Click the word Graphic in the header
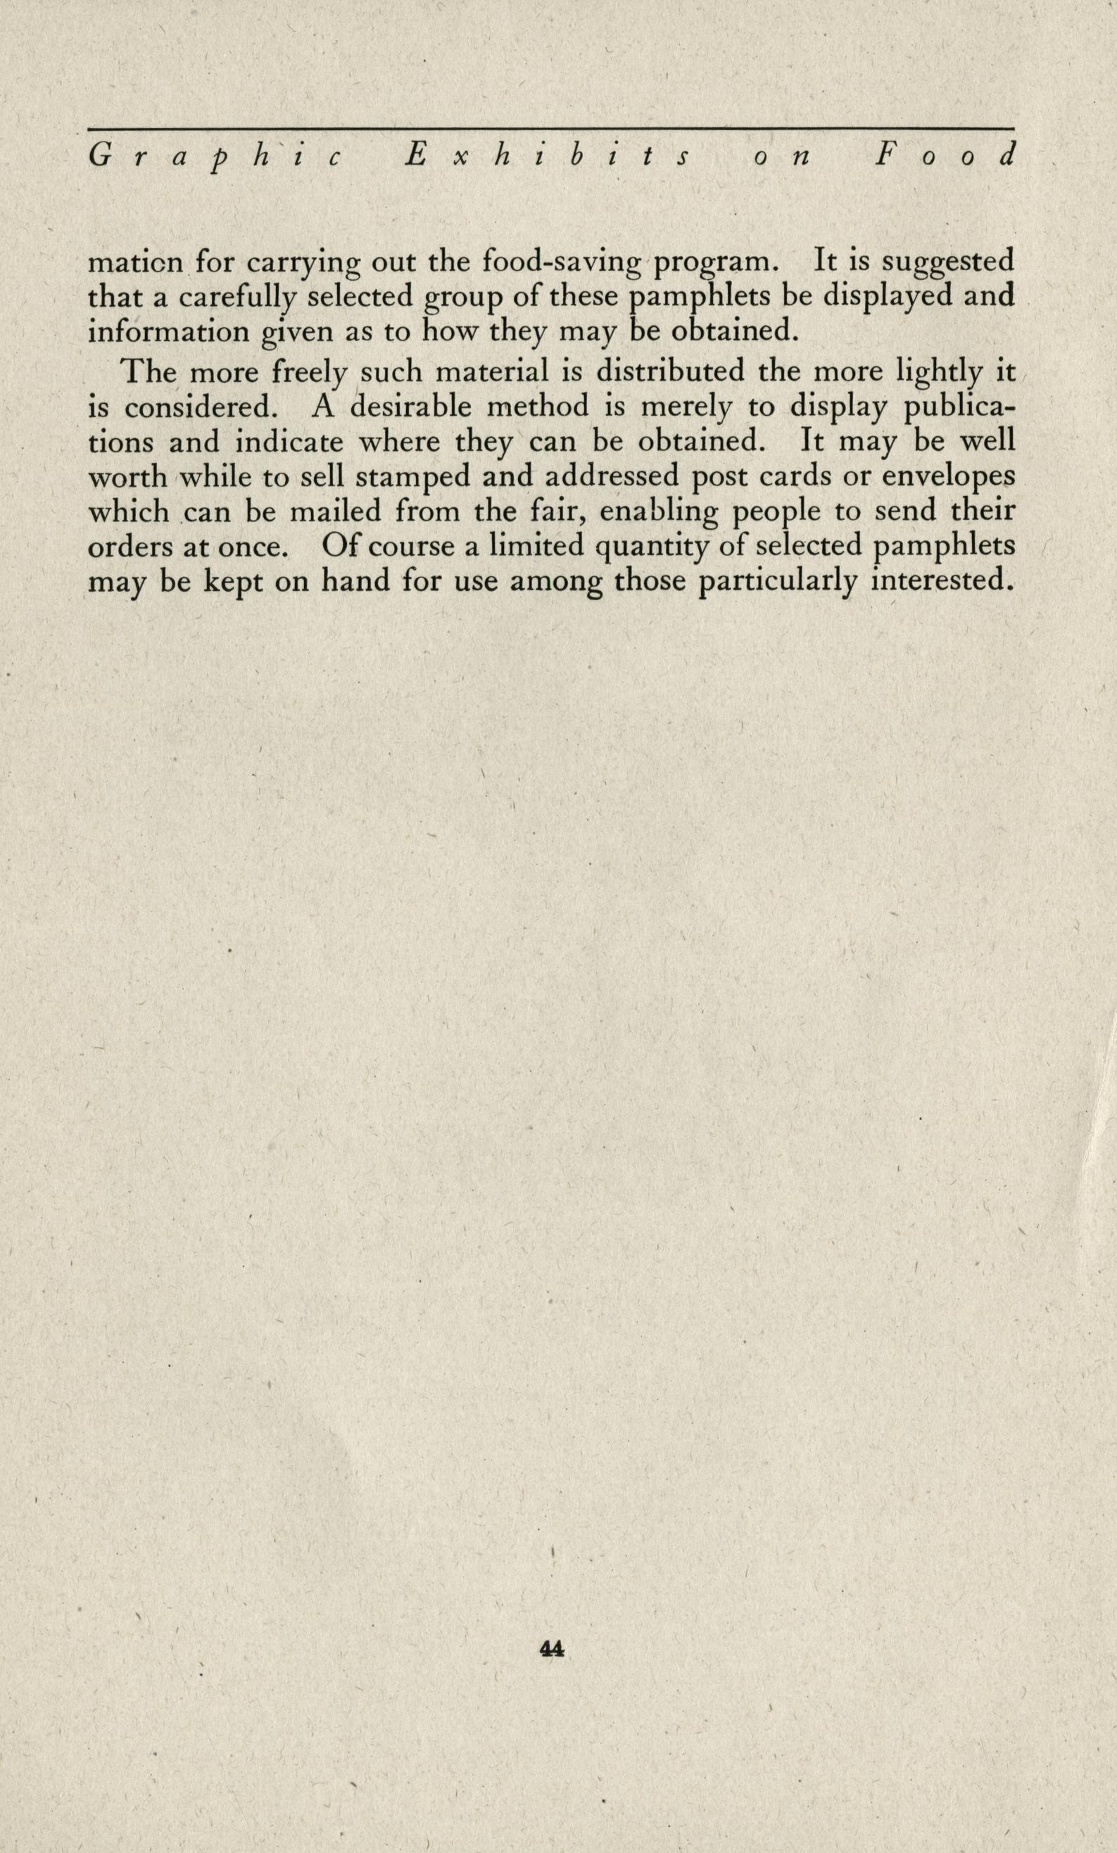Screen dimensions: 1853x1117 click(215, 156)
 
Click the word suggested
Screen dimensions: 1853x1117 click(948, 262)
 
